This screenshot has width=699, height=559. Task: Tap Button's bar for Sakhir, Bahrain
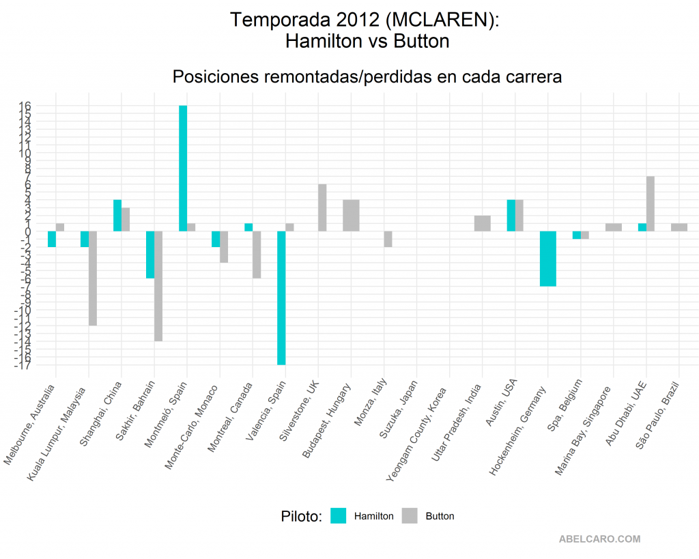click(158, 286)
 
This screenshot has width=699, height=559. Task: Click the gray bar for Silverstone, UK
click(322, 207)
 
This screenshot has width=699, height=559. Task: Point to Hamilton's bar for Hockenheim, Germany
click(548, 259)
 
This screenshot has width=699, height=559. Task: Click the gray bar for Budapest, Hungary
click(351, 216)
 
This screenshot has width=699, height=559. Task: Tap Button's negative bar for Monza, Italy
click(388, 239)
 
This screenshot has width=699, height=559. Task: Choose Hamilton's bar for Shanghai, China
click(117, 216)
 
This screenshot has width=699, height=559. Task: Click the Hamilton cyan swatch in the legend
click(339, 516)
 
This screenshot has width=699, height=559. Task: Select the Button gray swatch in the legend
click(410, 516)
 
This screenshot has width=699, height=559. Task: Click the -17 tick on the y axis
click(23, 365)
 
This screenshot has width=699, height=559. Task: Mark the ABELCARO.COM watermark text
click(600, 539)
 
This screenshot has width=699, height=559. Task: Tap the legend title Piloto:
click(301, 517)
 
